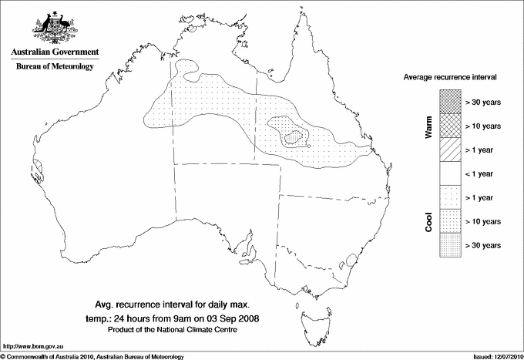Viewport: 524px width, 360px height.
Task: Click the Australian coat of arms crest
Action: (54, 27)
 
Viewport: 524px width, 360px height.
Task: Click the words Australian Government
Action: (55, 52)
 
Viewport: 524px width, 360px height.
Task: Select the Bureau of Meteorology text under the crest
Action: (55, 66)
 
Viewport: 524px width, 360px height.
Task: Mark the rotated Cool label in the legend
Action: (429, 221)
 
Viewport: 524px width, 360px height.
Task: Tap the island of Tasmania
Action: (311, 314)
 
